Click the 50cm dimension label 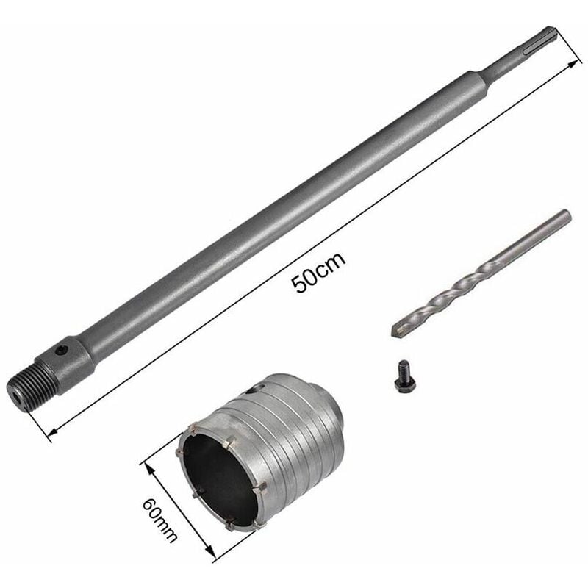318,273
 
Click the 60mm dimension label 159,520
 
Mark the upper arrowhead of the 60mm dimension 149,469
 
